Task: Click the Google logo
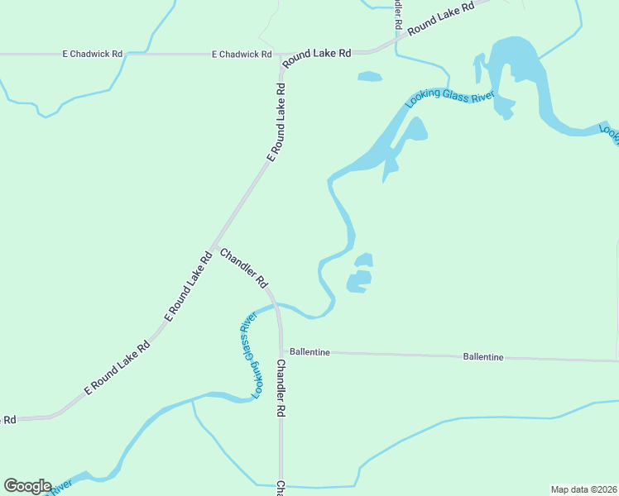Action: click(x=27, y=486)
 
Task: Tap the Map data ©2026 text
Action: click(x=583, y=489)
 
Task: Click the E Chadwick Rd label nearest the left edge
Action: click(x=93, y=54)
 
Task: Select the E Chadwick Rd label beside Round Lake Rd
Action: click(x=242, y=55)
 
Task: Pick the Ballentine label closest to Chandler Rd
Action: click(x=309, y=352)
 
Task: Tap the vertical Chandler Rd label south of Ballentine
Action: click(x=281, y=388)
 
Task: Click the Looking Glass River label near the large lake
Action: click(x=449, y=100)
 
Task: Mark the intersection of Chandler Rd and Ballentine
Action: click(x=281, y=351)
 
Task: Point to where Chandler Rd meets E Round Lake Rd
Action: click(x=214, y=247)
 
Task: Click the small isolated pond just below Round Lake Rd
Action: click(x=370, y=77)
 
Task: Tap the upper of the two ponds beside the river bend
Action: click(x=363, y=260)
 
